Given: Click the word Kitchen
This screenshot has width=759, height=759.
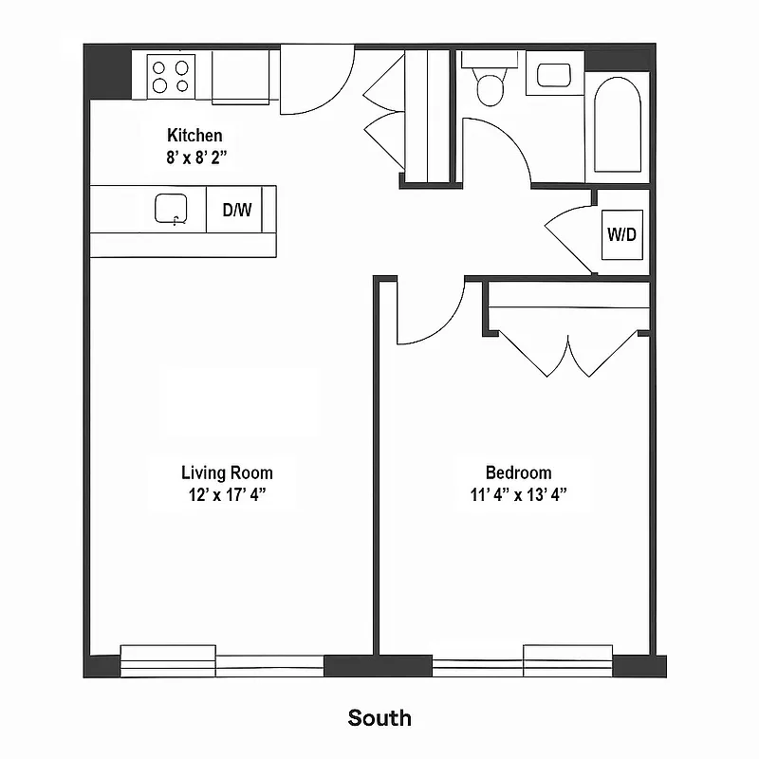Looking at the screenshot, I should tap(194, 136).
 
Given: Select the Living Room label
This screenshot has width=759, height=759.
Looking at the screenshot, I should tap(227, 472).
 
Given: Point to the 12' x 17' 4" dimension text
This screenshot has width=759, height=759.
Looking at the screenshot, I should tap(227, 494).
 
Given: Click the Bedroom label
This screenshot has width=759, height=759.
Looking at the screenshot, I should tap(518, 472).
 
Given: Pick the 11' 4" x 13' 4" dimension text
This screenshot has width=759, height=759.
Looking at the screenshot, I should tap(518, 494).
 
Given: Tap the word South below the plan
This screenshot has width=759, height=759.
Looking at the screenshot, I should tap(379, 717).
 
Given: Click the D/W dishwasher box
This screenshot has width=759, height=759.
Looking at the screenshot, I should tap(237, 210).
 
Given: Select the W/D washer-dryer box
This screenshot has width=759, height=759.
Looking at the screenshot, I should tap(621, 234).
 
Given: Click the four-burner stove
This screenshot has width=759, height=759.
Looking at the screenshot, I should tap(171, 75).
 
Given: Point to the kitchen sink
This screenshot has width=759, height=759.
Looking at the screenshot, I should tap(172, 209).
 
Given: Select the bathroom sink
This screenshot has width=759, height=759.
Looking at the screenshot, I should tap(553, 74).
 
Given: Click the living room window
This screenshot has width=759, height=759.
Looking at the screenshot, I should tap(222, 660).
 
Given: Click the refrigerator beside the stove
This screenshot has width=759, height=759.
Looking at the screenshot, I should tap(240, 76).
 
